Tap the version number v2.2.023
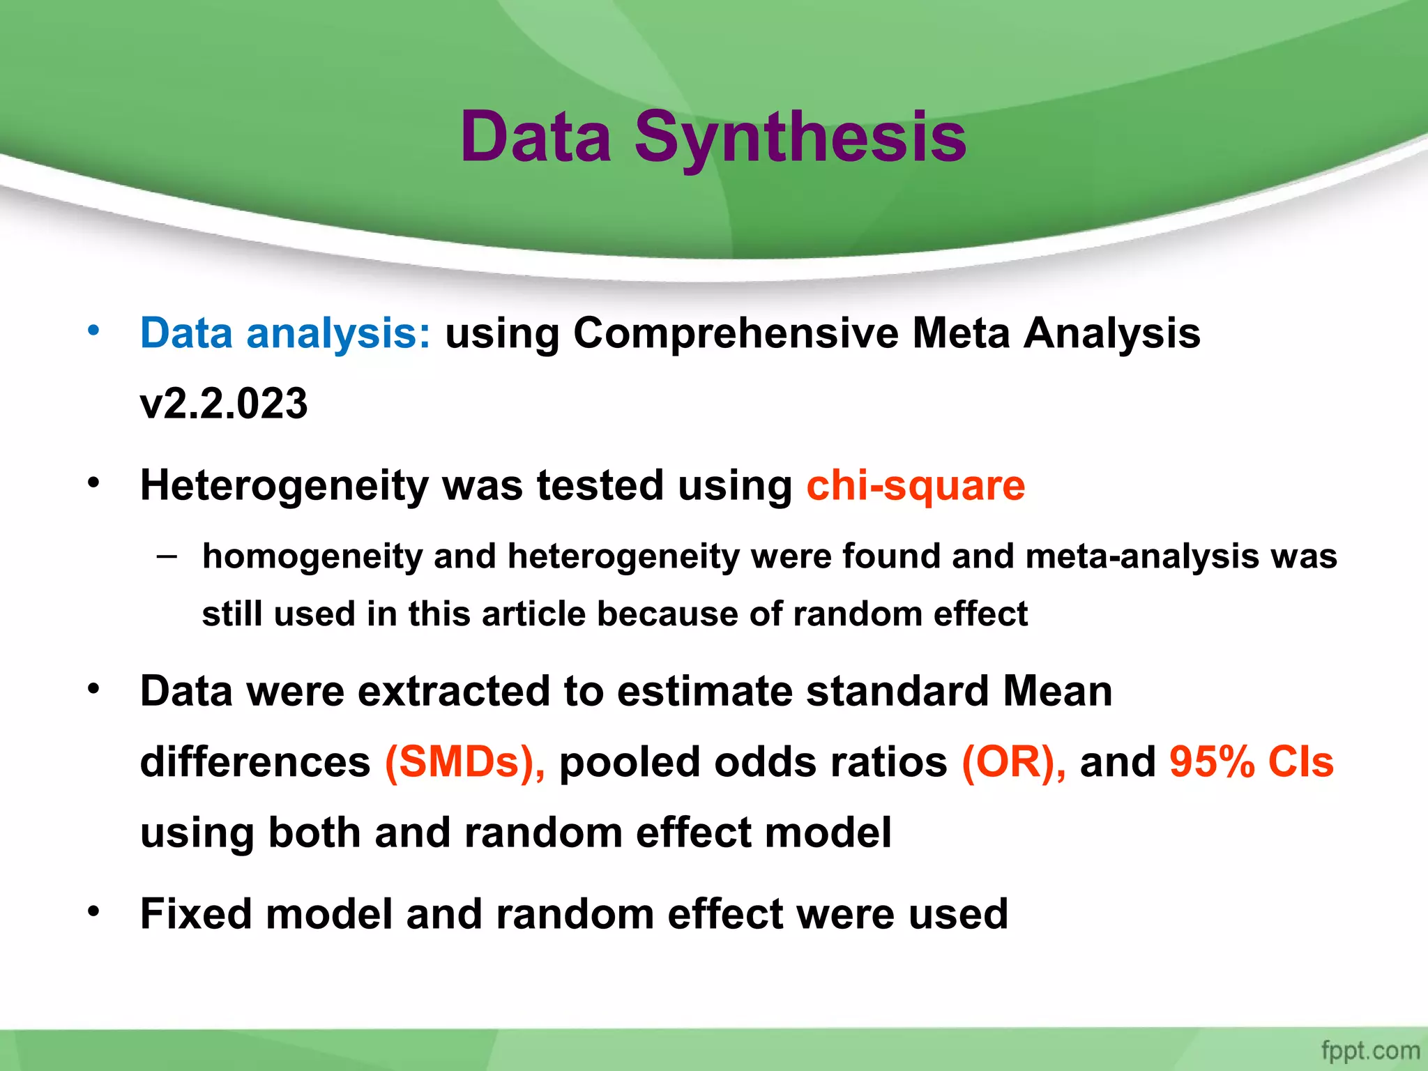(x=224, y=404)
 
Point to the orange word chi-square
(x=916, y=485)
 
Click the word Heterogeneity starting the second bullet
(x=284, y=485)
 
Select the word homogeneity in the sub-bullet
(x=312, y=557)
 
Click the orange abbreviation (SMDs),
(x=465, y=761)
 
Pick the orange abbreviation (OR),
(x=1014, y=761)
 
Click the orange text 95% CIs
(x=1252, y=761)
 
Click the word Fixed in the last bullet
(x=195, y=913)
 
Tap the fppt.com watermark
(x=1370, y=1050)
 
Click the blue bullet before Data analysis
(x=93, y=331)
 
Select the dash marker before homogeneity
(x=167, y=556)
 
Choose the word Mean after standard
(x=1057, y=691)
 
